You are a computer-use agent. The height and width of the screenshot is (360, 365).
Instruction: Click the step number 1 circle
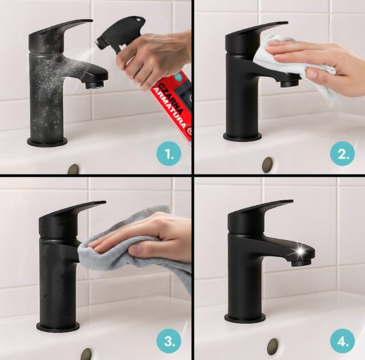[169, 153]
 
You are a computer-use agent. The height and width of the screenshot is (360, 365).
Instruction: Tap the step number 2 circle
[342, 153]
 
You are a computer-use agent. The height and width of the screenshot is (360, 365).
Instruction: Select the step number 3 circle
[169, 341]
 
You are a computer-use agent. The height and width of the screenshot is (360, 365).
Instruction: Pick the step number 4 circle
[342, 341]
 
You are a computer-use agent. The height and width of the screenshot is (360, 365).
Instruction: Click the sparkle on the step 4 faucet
[300, 251]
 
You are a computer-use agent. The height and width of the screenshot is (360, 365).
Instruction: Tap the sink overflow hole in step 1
[74, 169]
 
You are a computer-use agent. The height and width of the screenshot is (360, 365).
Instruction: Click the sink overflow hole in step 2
[267, 165]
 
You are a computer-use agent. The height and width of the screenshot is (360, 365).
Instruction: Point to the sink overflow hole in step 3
[86, 354]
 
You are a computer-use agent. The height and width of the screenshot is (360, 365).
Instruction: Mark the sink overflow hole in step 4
[273, 346]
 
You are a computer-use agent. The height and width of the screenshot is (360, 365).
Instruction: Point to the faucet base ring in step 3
[58, 328]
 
